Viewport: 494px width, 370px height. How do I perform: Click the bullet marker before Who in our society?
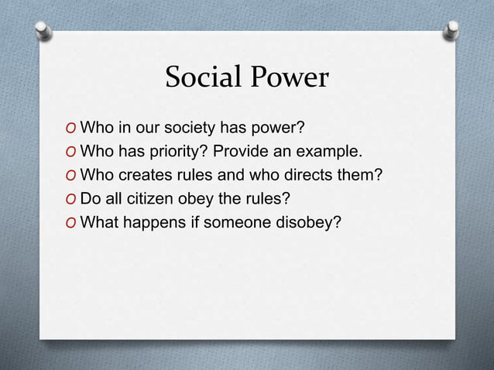pos(72,128)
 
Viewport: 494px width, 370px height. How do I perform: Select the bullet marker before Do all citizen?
pos(72,200)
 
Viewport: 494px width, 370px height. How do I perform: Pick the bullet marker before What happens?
pos(72,224)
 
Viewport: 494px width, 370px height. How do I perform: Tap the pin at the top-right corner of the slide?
pos(452,29)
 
